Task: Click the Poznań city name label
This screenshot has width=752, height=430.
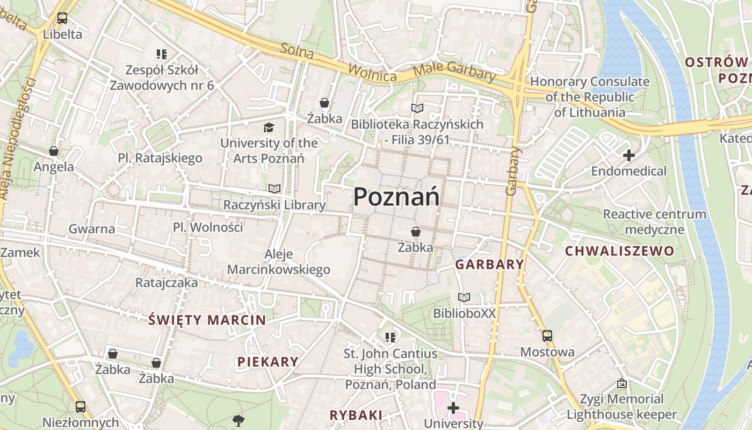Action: click(x=396, y=197)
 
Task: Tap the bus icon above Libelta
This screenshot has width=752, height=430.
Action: click(x=62, y=18)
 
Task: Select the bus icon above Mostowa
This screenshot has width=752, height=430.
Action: click(x=547, y=336)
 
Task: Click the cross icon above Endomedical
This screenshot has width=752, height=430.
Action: click(x=628, y=156)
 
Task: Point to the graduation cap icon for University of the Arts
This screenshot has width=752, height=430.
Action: click(x=269, y=127)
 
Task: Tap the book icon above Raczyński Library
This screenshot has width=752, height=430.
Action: click(x=274, y=189)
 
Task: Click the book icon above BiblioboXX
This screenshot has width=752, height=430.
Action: click(x=464, y=297)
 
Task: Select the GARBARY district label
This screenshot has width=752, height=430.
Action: click(x=489, y=264)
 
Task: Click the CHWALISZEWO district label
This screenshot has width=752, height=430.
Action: click(x=619, y=251)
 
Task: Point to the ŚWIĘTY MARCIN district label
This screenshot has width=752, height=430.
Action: click(x=207, y=320)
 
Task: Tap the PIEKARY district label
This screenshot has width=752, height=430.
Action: click(x=267, y=362)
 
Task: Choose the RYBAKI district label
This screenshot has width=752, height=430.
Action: click(x=356, y=415)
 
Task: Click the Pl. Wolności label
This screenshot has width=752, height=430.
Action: click(x=208, y=227)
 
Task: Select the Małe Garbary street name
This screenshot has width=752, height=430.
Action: click(x=454, y=73)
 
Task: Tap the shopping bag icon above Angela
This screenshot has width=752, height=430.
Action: click(x=54, y=151)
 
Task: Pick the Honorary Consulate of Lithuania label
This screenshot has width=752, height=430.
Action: click(x=590, y=97)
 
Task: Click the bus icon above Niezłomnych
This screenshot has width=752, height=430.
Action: click(x=81, y=407)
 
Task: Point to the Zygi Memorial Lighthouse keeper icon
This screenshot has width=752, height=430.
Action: click(x=622, y=384)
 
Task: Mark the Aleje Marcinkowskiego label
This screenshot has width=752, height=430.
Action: click(x=279, y=262)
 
